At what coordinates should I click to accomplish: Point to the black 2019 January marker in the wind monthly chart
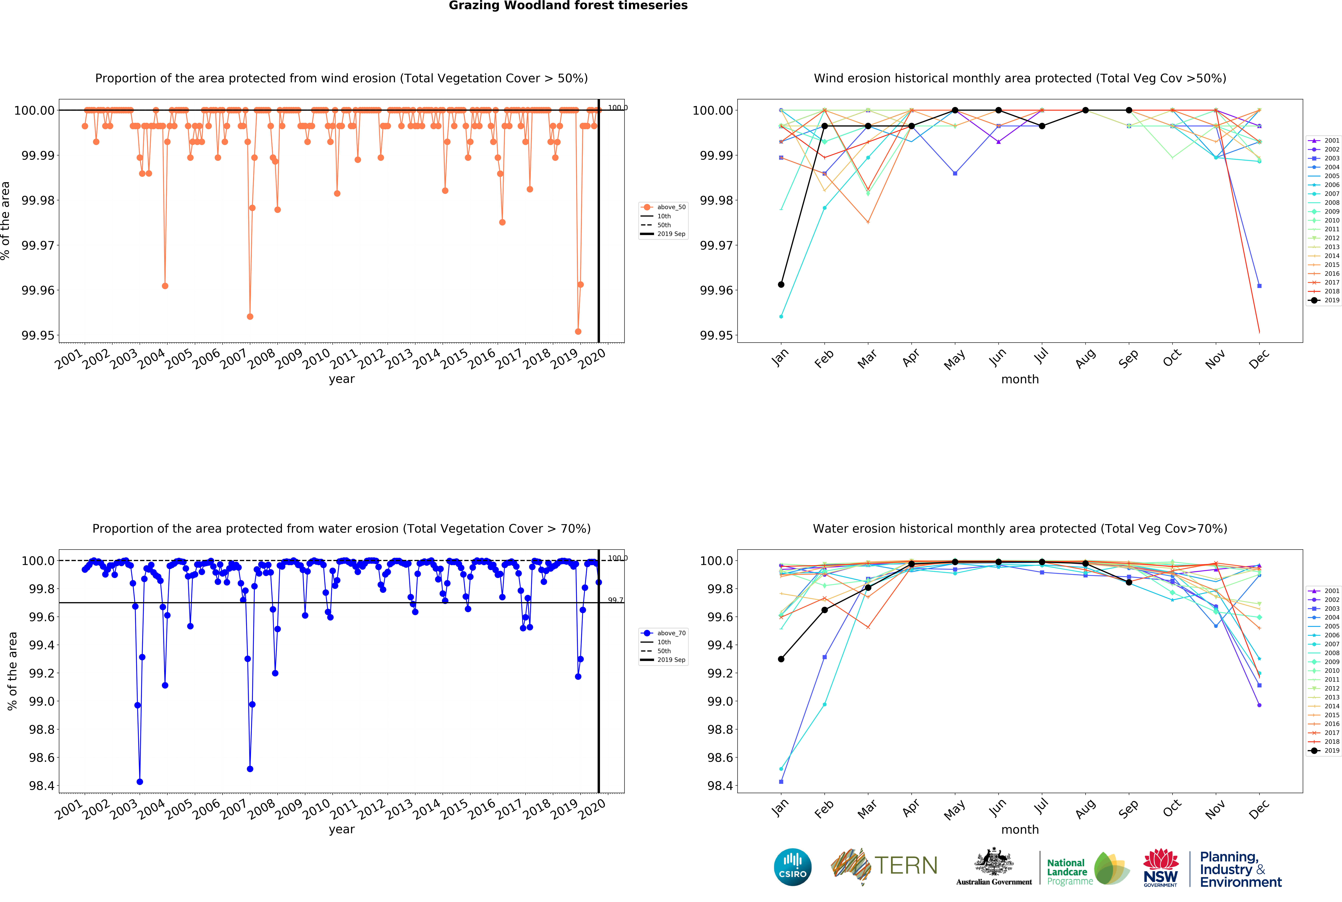(x=781, y=284)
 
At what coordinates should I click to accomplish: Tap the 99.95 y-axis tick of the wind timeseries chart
(x=38, y=335)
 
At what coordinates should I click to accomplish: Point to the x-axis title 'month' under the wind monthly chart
(x=1020, y=379)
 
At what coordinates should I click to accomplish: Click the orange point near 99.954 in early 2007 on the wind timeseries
(x=250, y=316)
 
